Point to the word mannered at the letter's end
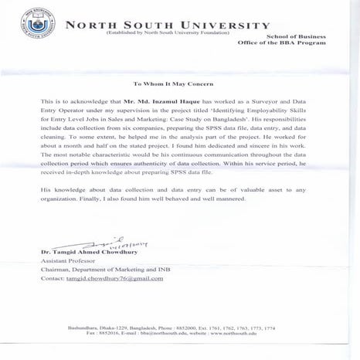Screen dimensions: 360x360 (x=231, y=199)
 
